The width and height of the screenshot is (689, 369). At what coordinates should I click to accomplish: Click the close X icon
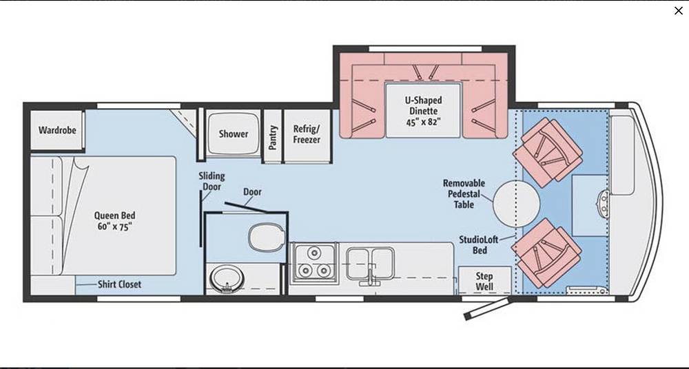(x=679, y=10)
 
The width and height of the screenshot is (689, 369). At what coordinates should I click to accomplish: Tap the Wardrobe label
(x=57, y=130)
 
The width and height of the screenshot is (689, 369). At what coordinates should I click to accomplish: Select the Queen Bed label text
(x=114, y=220)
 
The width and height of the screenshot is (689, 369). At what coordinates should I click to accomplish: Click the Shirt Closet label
(x=119, y=284)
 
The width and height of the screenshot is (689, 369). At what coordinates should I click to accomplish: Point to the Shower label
(x=234, y=134)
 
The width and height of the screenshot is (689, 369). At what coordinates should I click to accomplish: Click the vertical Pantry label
(x=273, y=137)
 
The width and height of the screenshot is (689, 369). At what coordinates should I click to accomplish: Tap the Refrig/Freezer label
(x=307, y=134)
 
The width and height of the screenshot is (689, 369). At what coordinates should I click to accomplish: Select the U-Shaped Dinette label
(x=423, y=111)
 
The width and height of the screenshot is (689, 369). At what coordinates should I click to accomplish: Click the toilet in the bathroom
(x=266, y=238)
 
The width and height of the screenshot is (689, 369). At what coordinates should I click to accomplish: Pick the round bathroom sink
(x=227, y=279)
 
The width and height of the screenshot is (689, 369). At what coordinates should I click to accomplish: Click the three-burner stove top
(x=314, y=262)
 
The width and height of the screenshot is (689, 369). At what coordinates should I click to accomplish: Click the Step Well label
(x=484, y=282)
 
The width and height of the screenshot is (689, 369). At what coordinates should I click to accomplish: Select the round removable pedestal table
(x=516, y=203)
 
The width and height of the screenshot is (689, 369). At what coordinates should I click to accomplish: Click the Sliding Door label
(x=212, y=181)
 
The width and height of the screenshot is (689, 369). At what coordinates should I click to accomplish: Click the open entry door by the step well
(x=487, y=309)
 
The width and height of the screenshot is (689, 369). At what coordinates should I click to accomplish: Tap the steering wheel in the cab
(x=604, y=203)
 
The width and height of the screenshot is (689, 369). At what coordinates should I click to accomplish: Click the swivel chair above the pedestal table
(x=548, y=149)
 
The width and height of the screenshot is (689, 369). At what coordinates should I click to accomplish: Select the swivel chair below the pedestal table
(x=546, y=253)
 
